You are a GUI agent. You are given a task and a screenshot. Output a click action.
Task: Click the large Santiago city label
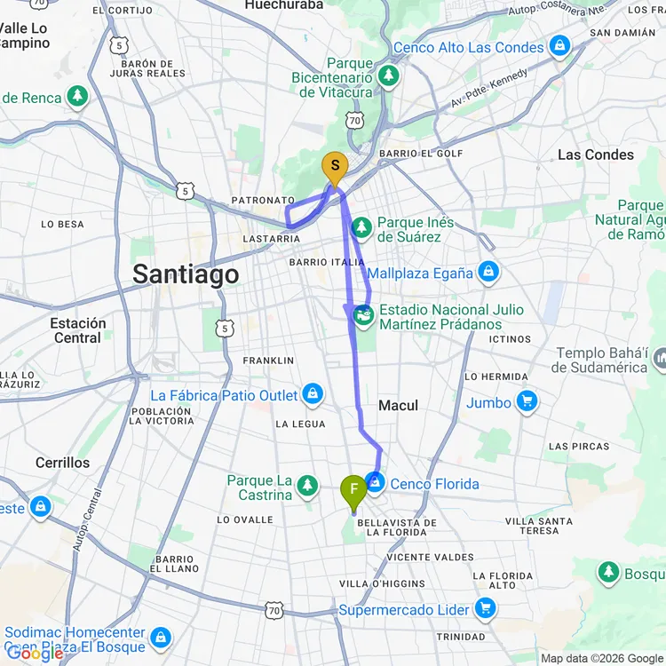click(186, 274)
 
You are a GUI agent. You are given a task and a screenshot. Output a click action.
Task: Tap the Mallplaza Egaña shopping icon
click(487, 273)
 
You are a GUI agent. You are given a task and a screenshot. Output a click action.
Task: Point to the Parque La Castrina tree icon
click(307, 485)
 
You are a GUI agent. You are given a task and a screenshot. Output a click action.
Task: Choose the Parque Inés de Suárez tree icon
click(361, 227)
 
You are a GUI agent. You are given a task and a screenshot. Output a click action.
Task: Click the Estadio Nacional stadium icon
click(363, 314)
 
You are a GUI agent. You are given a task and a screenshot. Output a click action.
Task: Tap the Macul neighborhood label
click(398, 405)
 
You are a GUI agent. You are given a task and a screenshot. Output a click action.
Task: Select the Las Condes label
click(595, 155)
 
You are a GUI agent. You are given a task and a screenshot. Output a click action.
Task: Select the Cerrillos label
click(62, 463)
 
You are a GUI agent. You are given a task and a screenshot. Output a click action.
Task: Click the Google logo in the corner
click(34, 654)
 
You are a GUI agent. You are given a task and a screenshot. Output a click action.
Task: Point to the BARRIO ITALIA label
click(326, 263)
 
